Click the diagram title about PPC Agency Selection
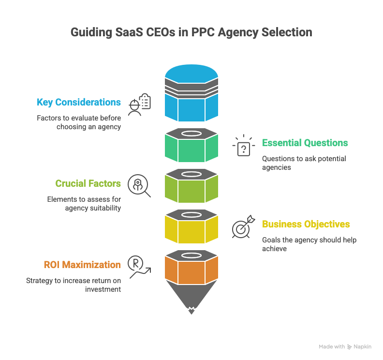pos(191,33)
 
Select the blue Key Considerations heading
pos(79,103)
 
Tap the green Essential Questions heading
pos(305,143)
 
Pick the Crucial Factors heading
pos(88,183)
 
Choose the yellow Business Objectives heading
pos(306,224)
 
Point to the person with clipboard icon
pos(140,104)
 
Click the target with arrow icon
pos(243,226)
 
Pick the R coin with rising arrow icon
pos(138,267)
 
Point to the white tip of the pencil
pos(191,310)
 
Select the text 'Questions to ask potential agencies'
pos(304,163)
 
